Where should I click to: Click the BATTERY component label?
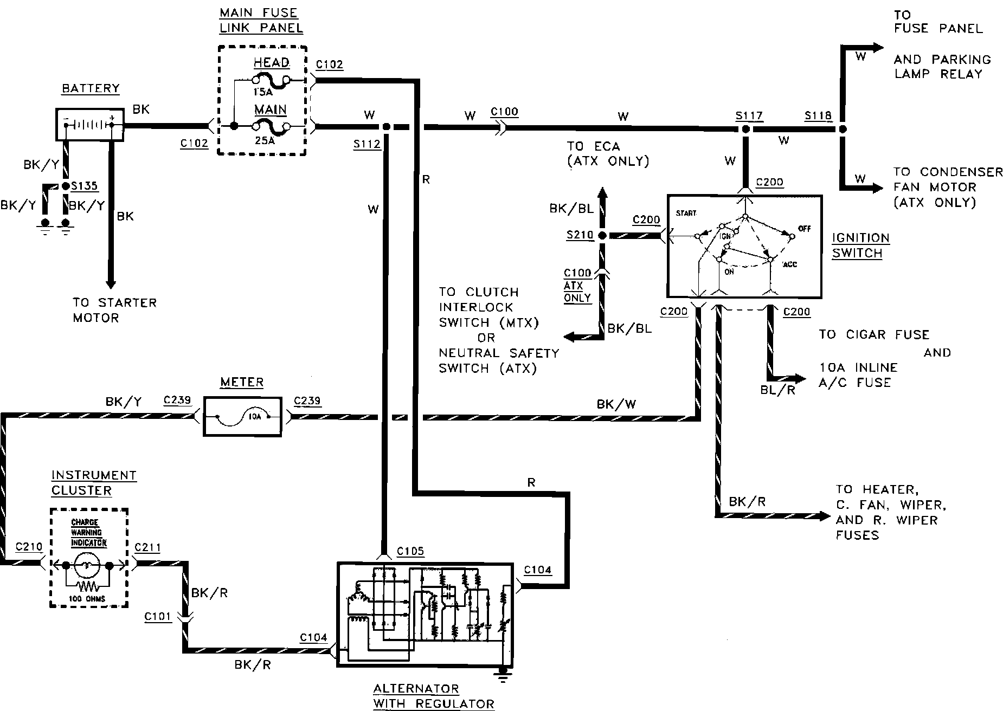pos(91,88)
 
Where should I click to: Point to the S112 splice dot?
pos(386,127)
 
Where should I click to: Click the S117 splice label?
pos(749,115)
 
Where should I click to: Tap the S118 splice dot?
pos(842,130)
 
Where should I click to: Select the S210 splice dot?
pos(602,236)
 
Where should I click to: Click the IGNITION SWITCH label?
pos(860,245)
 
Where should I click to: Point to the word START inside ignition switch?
pos(686,214)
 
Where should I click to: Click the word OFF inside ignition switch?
pos(804,229)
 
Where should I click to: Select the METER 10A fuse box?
pos(242,416)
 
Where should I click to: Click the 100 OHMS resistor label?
pos(88,599)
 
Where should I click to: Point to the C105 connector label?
pos(410,551)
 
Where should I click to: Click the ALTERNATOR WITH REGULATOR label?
pos(433,696)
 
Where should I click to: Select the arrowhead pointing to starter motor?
pos(111,283)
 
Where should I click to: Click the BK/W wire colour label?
pos(616,404)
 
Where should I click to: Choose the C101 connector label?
pos(158,616)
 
